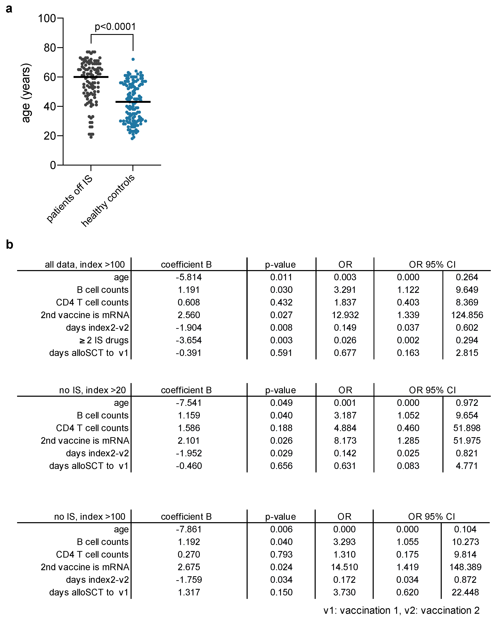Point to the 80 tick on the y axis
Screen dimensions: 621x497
point(50,48)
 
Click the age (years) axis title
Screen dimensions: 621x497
point(26,93)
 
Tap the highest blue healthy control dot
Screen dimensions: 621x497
point(133,59)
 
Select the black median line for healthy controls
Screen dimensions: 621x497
point(133,102)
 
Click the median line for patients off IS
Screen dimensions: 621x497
point(91,77)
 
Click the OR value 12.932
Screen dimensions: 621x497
point(345,315)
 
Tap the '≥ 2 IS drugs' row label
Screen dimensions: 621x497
point(104,340)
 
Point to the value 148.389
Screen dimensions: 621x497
point(465,567)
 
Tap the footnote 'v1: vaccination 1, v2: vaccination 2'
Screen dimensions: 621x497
point(401,610)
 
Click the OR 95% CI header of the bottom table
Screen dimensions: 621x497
point(431,516)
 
